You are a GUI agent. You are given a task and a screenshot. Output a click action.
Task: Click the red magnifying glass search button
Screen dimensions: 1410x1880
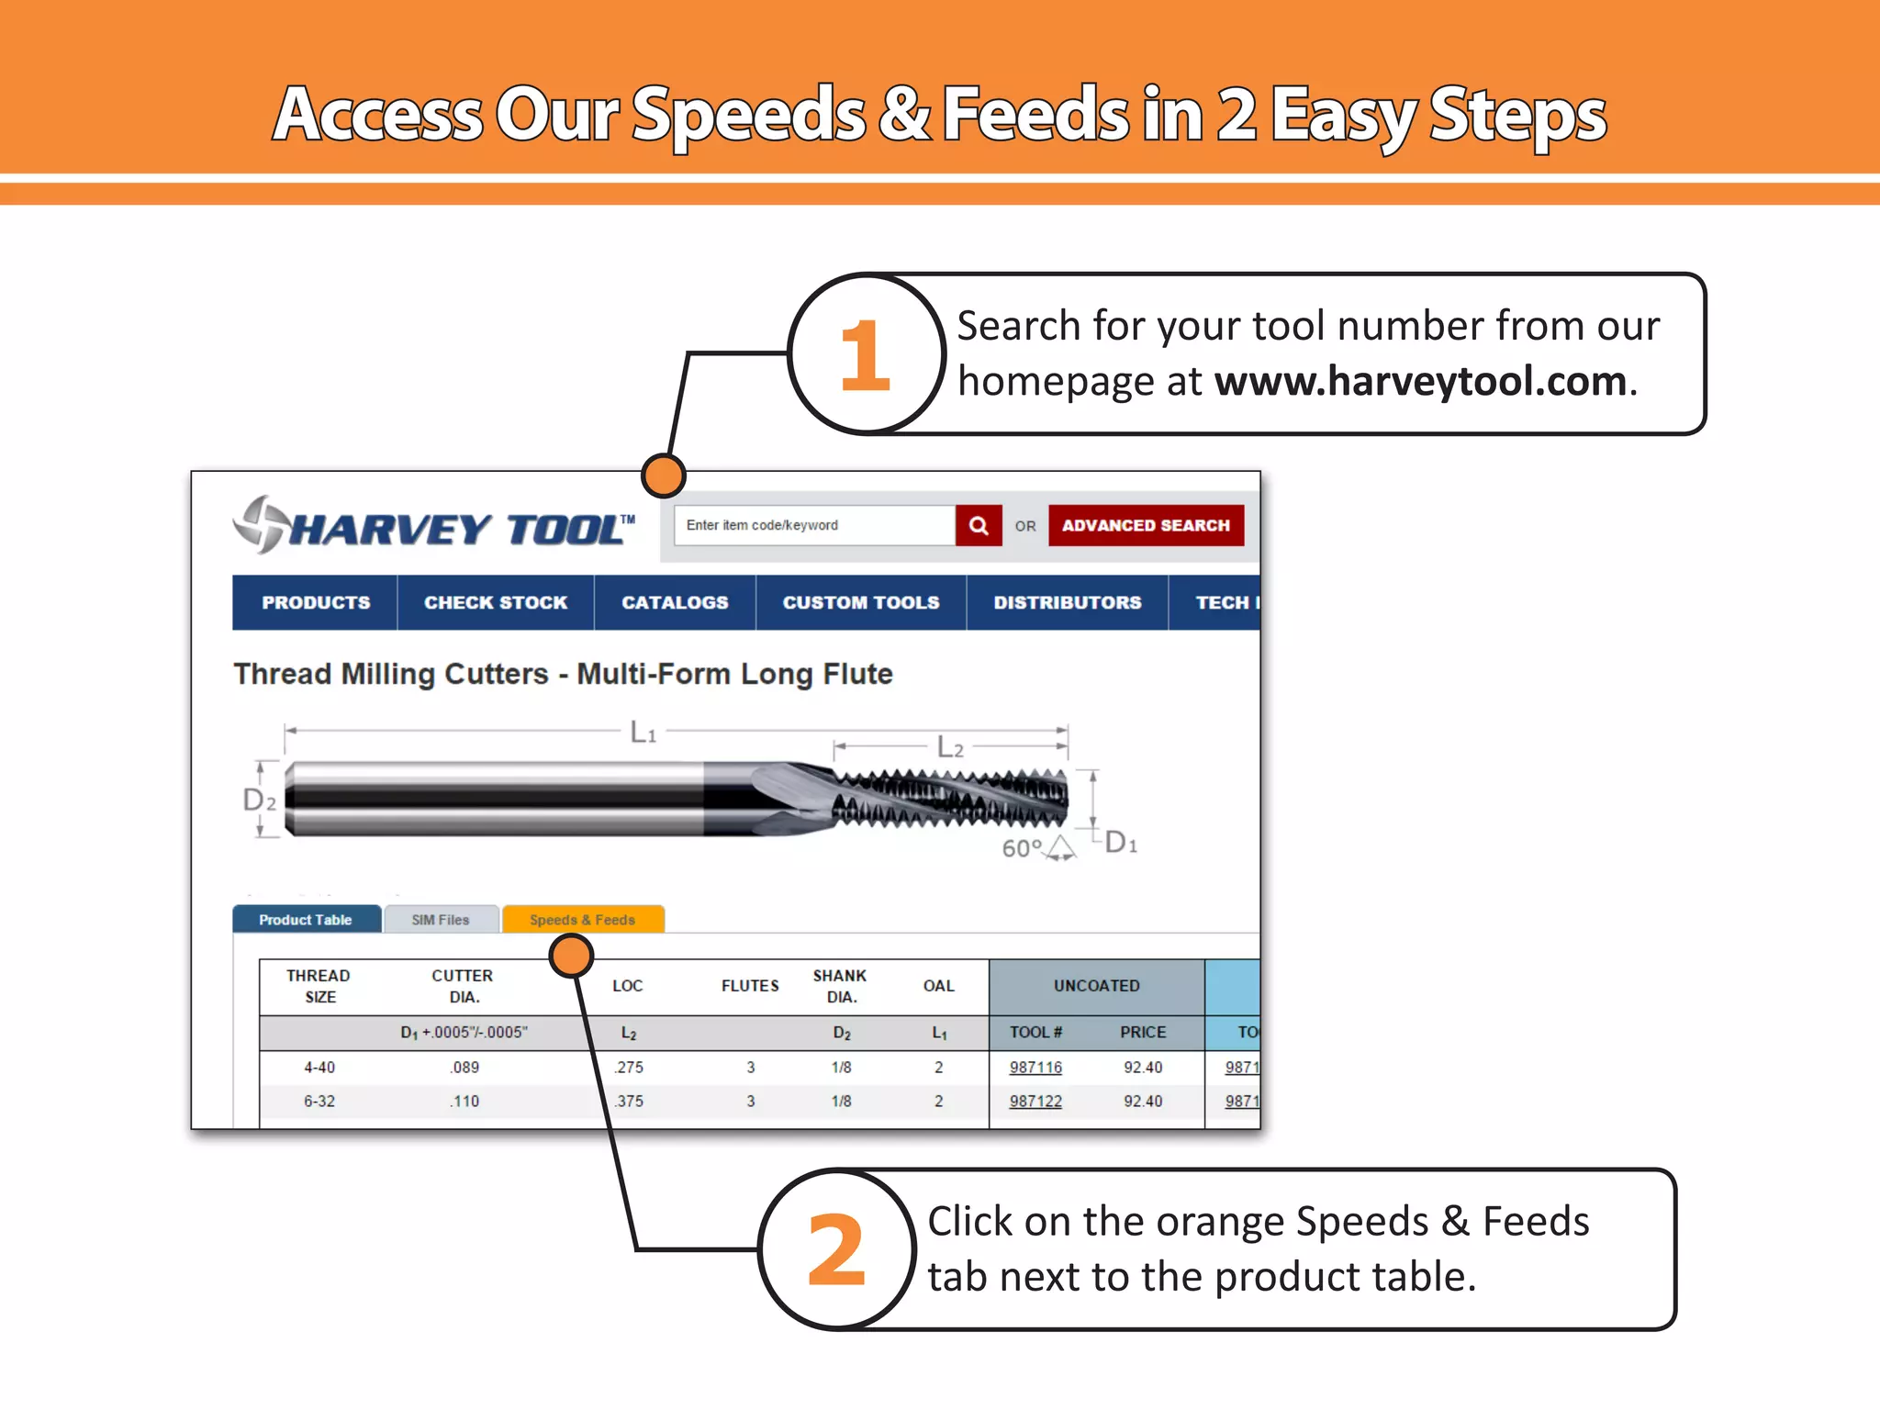pos(978,525)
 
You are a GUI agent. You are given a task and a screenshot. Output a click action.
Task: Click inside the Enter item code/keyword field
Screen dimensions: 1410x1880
pos(812,525)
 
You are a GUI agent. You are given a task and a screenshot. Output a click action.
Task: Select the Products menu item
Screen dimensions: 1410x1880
pos(316,602)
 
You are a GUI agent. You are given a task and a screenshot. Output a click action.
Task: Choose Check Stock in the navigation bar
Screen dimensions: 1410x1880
pos(496,602)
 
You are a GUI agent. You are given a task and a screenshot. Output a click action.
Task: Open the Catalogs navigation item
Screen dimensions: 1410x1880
pos(675,602)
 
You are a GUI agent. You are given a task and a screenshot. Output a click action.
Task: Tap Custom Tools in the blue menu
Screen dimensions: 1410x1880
pos(861,602)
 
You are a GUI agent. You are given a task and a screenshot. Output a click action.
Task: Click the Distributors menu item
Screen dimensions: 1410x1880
pos(1067,602)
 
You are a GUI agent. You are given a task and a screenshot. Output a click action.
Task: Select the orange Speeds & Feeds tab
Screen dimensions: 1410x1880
pos(582,919)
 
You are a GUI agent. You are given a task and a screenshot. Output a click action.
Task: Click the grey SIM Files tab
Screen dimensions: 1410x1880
pos(441,919)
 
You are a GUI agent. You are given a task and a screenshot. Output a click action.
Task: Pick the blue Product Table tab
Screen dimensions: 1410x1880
pos(306,919)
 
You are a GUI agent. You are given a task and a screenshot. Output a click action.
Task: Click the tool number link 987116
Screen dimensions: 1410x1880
pos(1035,1067)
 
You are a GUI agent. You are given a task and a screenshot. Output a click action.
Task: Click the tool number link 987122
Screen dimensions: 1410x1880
pos(1035,1101)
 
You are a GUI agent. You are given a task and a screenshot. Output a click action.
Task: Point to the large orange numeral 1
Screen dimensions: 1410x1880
pos(865,355)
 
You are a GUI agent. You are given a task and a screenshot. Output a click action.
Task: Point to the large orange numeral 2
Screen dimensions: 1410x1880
pos(836,1250)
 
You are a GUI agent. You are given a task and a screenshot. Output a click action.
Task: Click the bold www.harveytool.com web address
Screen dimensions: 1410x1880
pos(1420,381)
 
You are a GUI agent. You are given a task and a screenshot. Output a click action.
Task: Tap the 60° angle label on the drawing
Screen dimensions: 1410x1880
pos(1022,847)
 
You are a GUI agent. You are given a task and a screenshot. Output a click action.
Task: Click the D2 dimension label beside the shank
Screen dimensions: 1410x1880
pos(259,800)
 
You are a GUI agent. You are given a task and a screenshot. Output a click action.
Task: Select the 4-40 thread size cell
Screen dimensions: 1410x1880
pos(319,1067)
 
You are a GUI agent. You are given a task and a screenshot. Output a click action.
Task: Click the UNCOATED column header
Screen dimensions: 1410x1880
pos(1096,985)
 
